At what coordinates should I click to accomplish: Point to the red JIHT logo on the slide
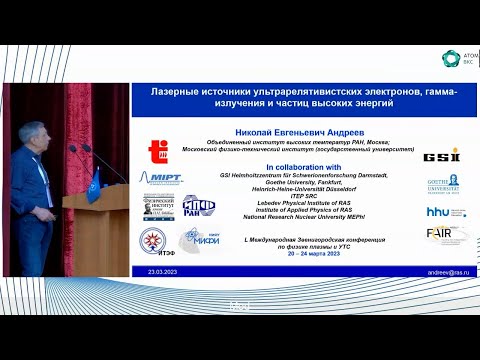[x=158, y=151]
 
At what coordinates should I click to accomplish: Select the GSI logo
[x=440, y=155]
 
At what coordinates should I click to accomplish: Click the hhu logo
[x=441, y=212]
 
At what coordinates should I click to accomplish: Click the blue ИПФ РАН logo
[x=198, y=209]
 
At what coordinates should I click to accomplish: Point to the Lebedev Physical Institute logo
[x=160, y=209]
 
